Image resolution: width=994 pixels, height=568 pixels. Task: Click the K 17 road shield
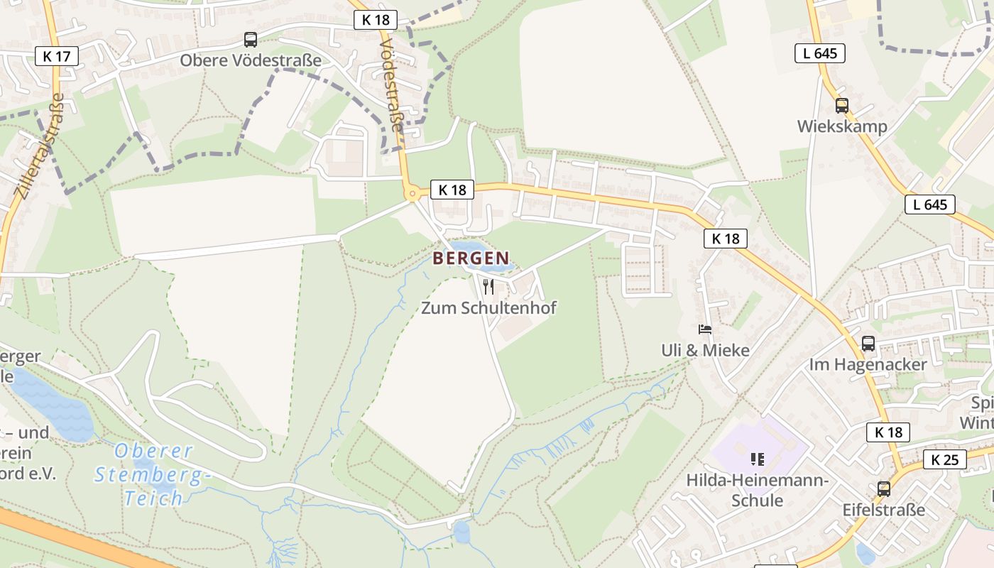[56, 56]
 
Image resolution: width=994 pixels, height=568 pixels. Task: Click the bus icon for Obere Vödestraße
[251, 40]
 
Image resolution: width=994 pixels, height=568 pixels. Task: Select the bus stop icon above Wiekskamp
[842, 106]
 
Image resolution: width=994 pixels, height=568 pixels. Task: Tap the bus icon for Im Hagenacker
[868, 344]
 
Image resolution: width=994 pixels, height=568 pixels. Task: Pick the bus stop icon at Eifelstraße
[883, 488]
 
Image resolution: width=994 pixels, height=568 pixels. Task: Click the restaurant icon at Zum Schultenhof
[488, 286]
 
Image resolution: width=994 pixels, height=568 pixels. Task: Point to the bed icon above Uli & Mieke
[704, 329]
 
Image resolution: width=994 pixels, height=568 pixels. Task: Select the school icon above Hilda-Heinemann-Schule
[757, 459]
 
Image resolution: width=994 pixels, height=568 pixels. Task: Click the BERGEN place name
[471, 258]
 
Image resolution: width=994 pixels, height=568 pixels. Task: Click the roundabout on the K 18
[412, 193]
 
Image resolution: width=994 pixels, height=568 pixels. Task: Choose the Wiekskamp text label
[841, 126]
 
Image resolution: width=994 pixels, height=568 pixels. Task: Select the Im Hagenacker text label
[868, 364]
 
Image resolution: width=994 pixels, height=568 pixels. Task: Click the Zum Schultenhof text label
[488, 307]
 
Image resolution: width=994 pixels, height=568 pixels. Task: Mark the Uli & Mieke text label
[704, 350]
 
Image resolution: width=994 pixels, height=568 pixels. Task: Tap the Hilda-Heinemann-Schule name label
[757, 491]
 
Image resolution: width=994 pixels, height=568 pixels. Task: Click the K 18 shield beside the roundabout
[452, 190]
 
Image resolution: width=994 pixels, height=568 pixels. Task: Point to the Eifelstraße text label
[883, 510]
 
